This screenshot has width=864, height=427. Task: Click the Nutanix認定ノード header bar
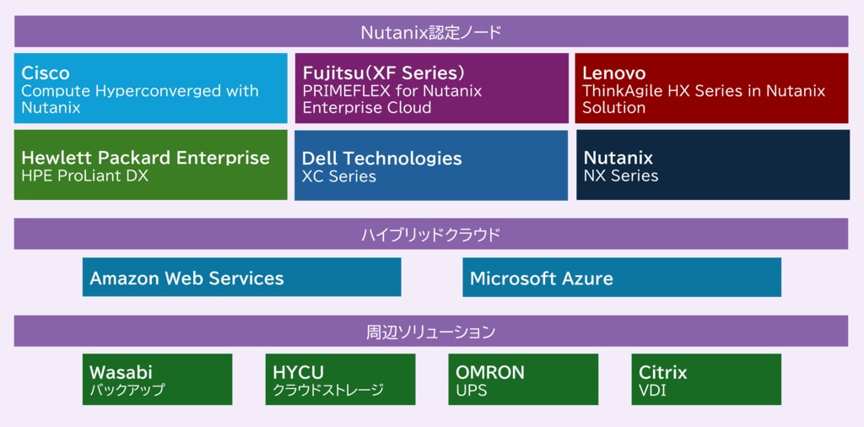pos(431,32)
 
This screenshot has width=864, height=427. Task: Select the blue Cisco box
pos(150,89)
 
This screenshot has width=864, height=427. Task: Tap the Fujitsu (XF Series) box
pos(431,89)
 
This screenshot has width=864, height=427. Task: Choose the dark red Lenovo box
pos(712,89)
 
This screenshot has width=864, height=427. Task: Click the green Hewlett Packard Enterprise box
pos(150,165)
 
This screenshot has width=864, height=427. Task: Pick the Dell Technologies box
pos(431,165)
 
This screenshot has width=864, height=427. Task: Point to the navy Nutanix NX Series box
pos(712,165)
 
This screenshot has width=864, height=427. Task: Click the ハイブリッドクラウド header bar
pos(431,234)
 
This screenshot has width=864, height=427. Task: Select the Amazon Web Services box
pos(241,277)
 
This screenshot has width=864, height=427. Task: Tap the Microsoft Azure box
pos(622,277)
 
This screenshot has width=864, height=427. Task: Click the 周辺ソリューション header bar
pos(431,331)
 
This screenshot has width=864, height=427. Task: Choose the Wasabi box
pos(157,380)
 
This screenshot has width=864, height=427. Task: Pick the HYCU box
pos(340,380)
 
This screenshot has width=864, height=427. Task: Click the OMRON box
pos(523,380)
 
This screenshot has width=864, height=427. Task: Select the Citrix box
pos(706,380)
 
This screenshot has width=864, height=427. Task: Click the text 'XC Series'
pos(339,176)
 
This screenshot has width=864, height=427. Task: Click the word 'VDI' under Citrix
pos(652,391)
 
